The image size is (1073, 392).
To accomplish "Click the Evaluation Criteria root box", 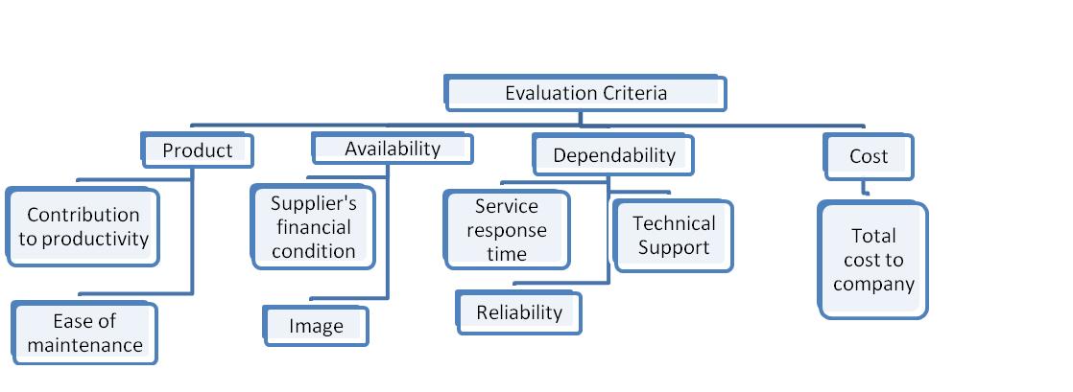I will pyautogui.click(x=585, y=93).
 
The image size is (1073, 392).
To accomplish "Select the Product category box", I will pyautogui.click(x=197, y=150).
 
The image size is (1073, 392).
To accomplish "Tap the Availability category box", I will pyautogui.click(x=393, y=149).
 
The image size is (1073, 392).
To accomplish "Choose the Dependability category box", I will pyautogui.click(x=613, y=154).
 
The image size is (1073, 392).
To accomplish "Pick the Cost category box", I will pyautogui.click(x=869, y=155).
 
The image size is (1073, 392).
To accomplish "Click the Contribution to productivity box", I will pyautogui.click(x=83, y=227).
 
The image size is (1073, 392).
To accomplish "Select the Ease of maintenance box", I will pyautogui.click(x=84, y=333).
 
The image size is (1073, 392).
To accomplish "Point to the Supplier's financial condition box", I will pyautogui.click(x=313, y=228).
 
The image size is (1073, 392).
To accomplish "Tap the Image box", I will pyautogui.click(x=316, y=326).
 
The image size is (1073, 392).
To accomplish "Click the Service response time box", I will pyautogui.click(x=507, y=230).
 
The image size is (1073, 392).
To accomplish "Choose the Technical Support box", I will pyautogui.click(x=674, y=236).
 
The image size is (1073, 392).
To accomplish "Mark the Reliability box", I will pyautogui.click(x=519, y=312).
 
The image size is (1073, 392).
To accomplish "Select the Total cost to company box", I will pyautogui.click(x=873, y=260).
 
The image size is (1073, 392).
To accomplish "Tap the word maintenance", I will pyautogui.click(x=84, y=345).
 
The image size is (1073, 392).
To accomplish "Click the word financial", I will pyautogui.click(x=313, y=228).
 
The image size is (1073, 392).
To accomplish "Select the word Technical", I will pyautogui.click(x=674, y=223).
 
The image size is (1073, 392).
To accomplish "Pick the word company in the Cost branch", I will pyautogui.click(x=873, y=284).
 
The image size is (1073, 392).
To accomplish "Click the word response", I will pyautogui.click(x=507, y=230).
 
